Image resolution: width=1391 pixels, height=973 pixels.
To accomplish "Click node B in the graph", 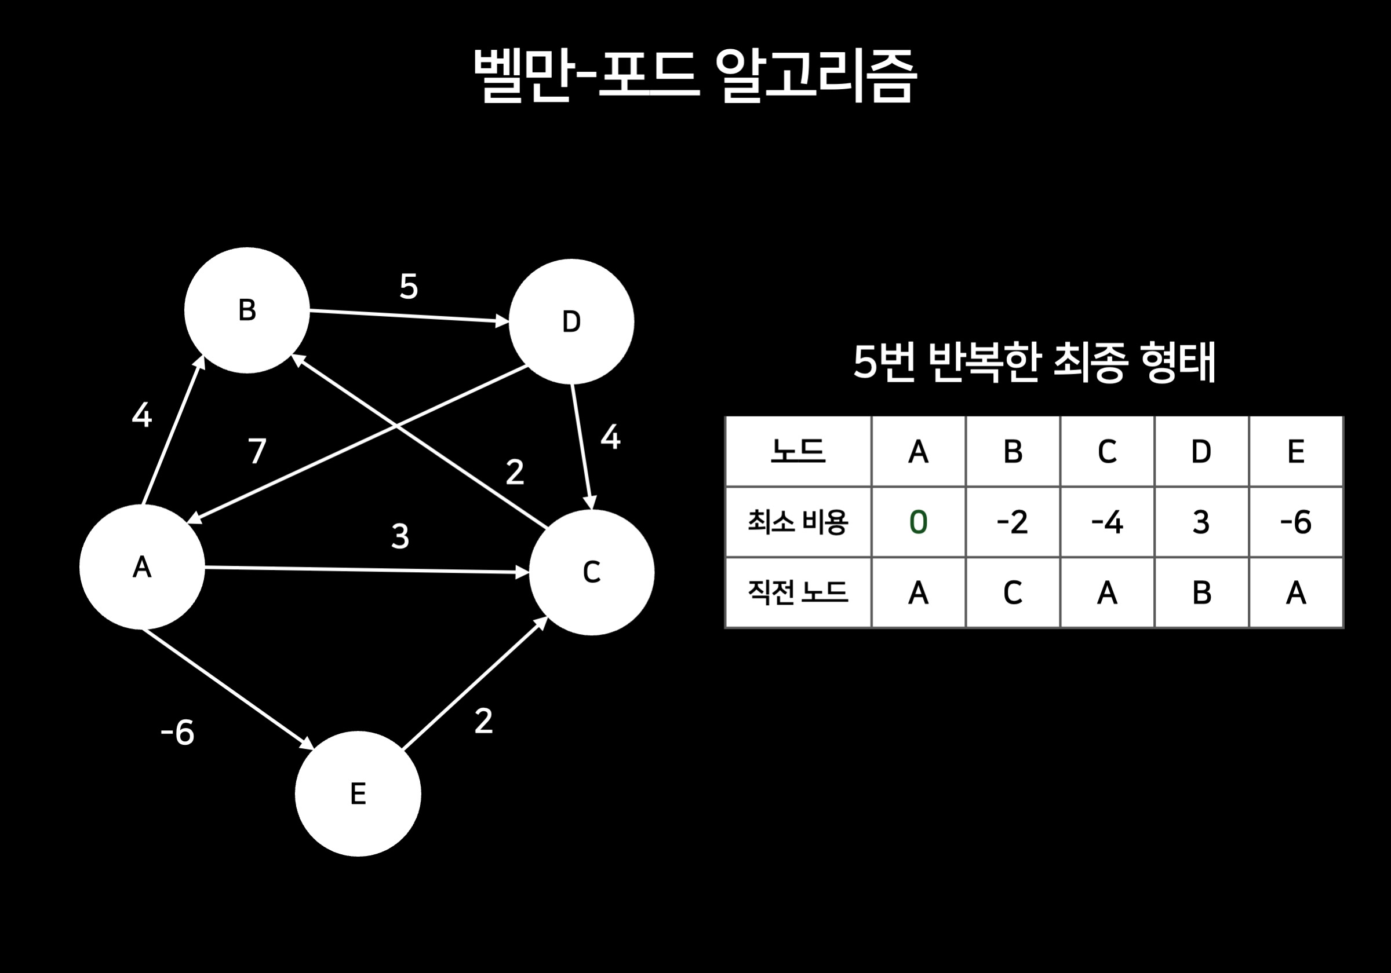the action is click(246, 310).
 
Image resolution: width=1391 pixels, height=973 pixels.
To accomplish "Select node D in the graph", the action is click(571, 321).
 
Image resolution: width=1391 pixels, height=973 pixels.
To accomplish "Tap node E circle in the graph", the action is click(358, 793).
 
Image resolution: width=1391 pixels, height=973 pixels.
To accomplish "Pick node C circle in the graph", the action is click(591, 572).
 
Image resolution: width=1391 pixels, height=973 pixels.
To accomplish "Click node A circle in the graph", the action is click(142, 567).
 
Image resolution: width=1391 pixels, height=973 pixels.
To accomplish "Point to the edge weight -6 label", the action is click(177, 733).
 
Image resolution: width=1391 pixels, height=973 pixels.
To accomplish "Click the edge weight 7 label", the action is click(257, 451).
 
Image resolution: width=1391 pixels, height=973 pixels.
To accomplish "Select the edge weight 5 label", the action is click(409, 286).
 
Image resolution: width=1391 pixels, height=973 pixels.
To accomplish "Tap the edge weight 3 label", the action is click(400, 536).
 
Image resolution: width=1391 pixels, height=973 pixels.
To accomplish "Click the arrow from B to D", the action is click(409, 316).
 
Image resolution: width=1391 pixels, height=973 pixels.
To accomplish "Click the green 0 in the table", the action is click(919, 522).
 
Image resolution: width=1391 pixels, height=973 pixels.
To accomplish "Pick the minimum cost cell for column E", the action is click(1296, 522).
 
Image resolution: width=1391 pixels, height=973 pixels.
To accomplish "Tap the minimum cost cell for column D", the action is click(1201, 522).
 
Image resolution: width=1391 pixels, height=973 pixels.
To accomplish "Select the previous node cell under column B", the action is click(1013, 592).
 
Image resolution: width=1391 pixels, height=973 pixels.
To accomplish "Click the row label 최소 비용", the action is click(798, 522).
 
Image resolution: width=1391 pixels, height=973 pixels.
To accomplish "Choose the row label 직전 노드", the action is click(798, 592).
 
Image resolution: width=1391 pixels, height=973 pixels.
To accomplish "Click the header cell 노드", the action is click(798, 452).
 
